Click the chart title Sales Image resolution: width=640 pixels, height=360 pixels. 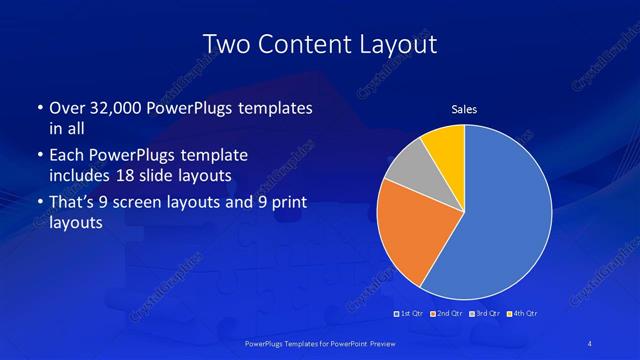[x=464, y=111]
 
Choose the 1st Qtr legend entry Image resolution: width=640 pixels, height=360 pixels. [x=409, y=314]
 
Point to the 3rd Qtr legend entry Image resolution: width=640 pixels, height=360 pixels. [x=483, y=314]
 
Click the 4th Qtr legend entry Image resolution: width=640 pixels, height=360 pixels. [x=522, y=314]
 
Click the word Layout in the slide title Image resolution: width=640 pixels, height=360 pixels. [x=390, y=44]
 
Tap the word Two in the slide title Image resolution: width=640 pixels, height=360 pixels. [x=226, y=44]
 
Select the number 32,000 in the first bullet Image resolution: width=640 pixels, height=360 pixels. [x=113, y=107]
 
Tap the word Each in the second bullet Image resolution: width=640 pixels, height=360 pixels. [x=64, y=156]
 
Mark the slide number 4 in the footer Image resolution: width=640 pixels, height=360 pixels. [x=591, y=343]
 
